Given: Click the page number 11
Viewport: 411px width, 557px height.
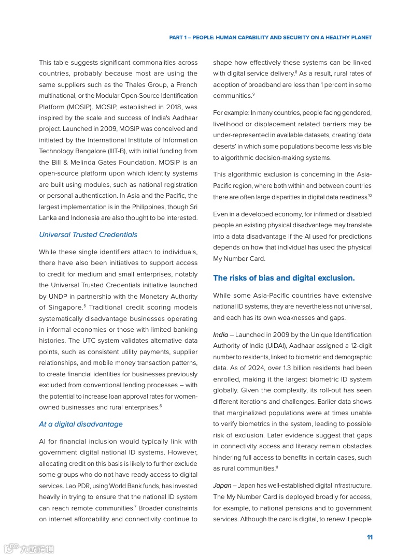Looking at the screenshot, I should click(x=370, y=537).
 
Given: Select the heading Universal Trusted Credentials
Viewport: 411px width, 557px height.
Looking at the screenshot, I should click(x=88, y=234).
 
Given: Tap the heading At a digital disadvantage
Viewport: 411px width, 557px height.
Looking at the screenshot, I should click(x=81, y=424).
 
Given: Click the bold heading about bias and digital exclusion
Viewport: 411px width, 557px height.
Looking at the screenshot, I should click(x=284, y=278).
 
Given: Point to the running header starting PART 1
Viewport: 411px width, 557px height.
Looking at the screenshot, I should click(x=271, y=38).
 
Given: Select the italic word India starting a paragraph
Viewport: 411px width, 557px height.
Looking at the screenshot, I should click(x=221, y=335).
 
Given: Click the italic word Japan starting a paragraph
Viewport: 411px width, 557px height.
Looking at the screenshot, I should click(x=222, y=486).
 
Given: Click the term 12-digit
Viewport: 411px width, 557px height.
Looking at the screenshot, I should click(x=358, y=346).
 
